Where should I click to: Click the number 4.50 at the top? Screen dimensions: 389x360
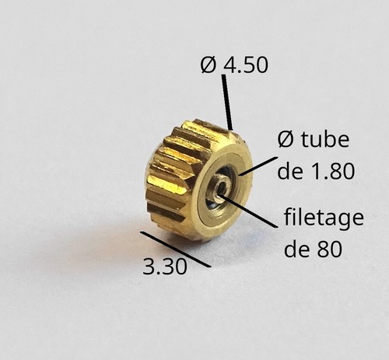click(x=246, y=65)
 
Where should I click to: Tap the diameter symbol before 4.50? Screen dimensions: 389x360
click(x=209, y=65)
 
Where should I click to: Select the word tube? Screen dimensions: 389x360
click(x=325, y=139)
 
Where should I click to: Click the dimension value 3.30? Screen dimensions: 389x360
click(x=165, y=267)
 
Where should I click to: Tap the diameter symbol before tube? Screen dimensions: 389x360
click(x=286, y=139)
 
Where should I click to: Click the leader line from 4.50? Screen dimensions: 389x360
click(x=227, y=102)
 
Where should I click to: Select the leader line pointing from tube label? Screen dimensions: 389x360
click(x=258, y=166)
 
